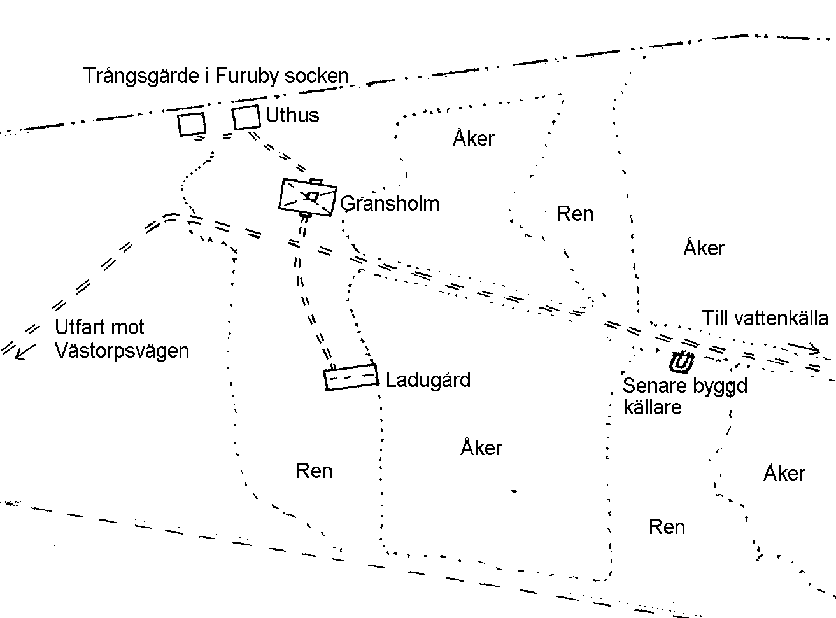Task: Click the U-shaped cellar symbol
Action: point(681,363)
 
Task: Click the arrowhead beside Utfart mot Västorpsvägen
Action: point(25,353)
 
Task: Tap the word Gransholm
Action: point(390,204)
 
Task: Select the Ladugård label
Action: point(428,379)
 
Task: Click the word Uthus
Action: point(292,115)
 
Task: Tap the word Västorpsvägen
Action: point(122,351)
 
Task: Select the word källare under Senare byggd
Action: point(653,407)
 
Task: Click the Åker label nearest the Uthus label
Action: point(474,138)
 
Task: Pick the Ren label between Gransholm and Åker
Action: point(575,214)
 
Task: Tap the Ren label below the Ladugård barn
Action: point(314,470)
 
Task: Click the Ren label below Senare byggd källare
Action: point(667,526)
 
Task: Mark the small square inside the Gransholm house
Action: point(313,197)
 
